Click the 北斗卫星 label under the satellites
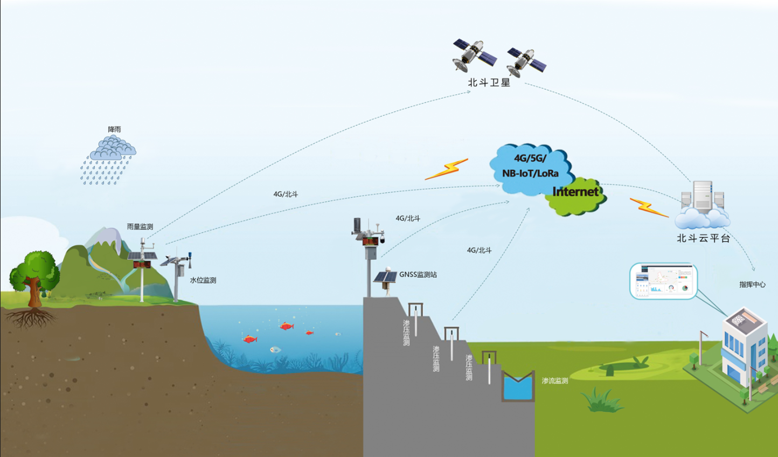click(489, 82)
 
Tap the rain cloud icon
click(113, 148)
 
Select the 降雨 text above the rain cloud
click(114, 129)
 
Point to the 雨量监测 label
click(140, 226)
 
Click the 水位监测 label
click(203, 280)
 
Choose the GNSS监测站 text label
click(418, 274)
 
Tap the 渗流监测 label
click(555, 380)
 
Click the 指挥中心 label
click(752, 284)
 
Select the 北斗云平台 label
click(703, 238)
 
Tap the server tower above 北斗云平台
click(702, 195)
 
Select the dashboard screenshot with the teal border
click(663, 281)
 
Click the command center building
click(744, 345)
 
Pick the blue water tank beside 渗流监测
click(518, 386)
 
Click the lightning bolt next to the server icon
click(649, 207)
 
